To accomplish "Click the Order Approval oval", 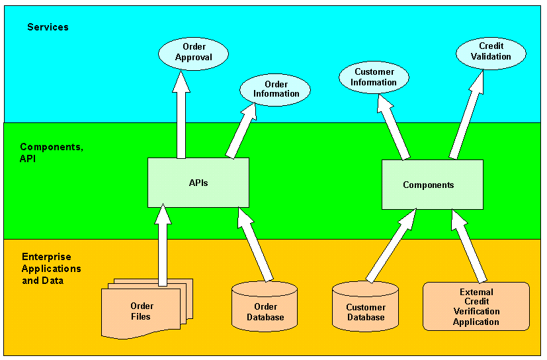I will coord(193,52).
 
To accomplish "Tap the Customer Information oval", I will coord(373,77).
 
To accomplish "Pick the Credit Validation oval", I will coord(491,52).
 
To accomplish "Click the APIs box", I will coord(198,183).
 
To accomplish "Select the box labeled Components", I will coord(432,185).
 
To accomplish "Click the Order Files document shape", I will coord(142,311).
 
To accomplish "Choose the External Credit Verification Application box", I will coord(476,306).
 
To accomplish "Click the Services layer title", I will coord(48,27).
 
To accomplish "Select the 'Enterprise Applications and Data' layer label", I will coord(52,269).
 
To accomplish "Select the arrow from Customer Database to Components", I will coord(390,246).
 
